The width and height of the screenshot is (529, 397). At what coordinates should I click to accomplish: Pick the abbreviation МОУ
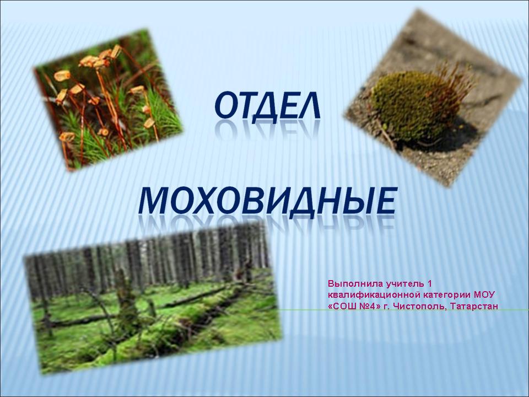pyautogui.click(x=484, y=294)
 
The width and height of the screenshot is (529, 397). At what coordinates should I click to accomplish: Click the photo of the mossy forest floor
pyautogui.click(x=153, y=299)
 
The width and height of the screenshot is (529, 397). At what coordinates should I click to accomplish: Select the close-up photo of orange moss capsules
pyautogui.click(x=108, y=100)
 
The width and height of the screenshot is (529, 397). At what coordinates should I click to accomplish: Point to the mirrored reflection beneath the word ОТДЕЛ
pyautogui.click(x=267, y=130)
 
